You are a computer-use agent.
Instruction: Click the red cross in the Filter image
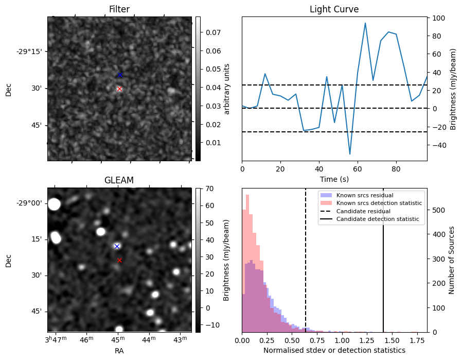click(x=119, y=89)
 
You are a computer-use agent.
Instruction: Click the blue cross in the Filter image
click(x=120, y=75)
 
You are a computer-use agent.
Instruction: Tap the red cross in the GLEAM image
click(x=119, y=260)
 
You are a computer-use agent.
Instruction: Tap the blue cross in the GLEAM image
click(x=117, y=246)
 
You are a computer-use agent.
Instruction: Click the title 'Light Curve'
click(x=334, y=9)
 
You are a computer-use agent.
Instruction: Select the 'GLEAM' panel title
click(x=119, y=180)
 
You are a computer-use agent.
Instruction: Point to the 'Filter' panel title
click(x=119, y=9)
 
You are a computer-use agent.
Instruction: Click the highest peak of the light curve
click(x=365, y=23)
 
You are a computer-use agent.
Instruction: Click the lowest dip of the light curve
click(x=350, y=154)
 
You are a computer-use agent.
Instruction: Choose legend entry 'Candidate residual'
click(x=363, y=211)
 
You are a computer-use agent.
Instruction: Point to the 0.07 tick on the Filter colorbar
click(x=209, y=32)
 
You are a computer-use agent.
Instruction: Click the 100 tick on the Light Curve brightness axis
click(x=438, y=18)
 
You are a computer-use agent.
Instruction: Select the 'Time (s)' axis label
click(x=334, y=179)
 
